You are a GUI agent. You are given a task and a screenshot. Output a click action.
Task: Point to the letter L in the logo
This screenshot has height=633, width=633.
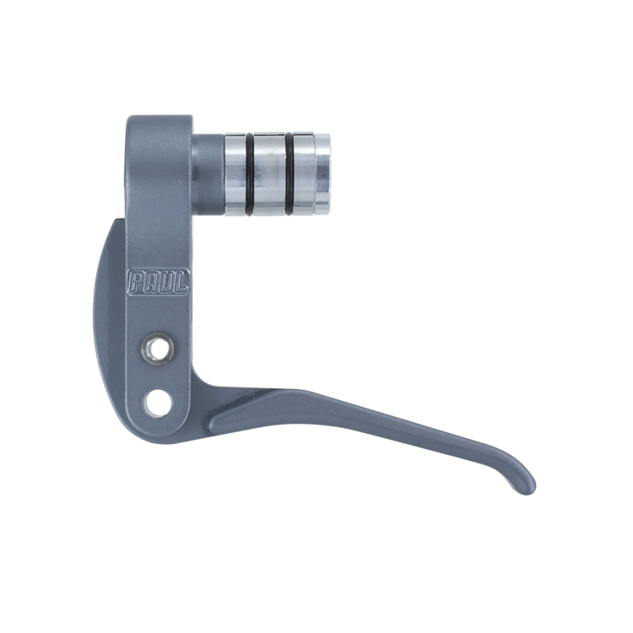180,282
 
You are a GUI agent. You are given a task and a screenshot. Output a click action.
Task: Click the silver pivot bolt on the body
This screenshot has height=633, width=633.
158,348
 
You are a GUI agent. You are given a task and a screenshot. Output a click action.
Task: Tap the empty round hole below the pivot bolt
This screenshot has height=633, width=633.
158,403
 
